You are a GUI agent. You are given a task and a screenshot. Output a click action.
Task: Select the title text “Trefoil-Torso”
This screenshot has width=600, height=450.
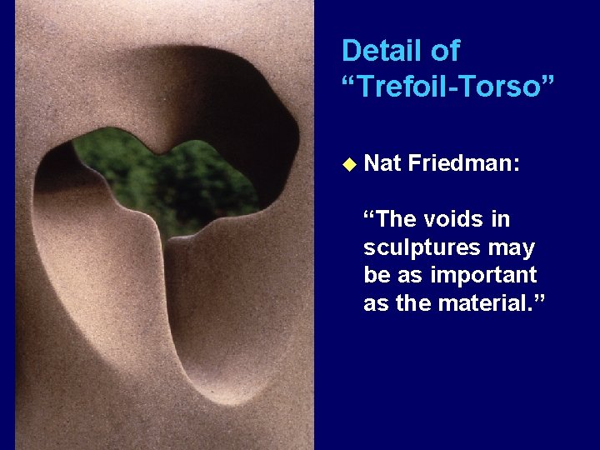(447, 85)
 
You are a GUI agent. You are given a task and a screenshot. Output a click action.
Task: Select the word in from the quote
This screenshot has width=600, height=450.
(500, 219)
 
